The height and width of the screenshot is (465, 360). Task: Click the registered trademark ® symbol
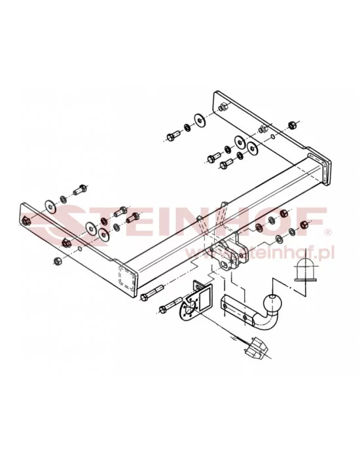[x=328, y=231]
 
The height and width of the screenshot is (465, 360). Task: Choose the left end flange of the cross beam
[x=126, y=276]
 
